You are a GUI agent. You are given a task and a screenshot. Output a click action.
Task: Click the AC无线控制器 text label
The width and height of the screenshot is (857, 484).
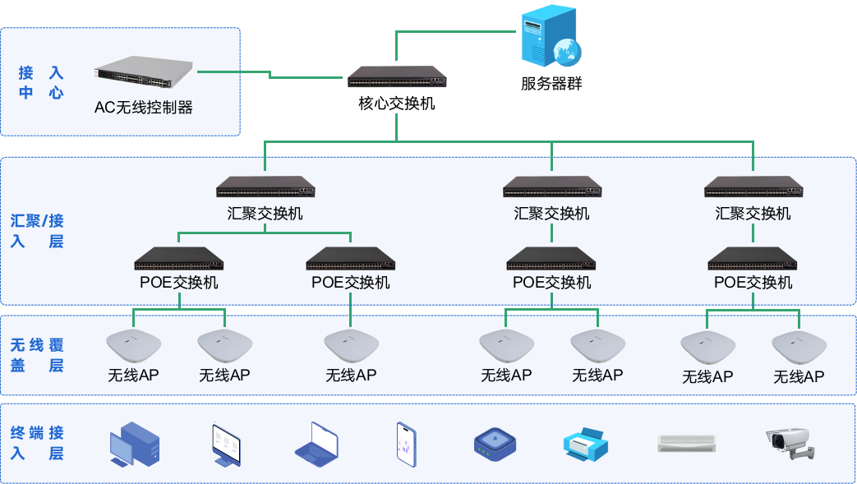(x=144, y=108)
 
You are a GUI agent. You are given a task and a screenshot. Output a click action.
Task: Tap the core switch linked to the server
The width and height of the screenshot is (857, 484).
(x=396, y=77)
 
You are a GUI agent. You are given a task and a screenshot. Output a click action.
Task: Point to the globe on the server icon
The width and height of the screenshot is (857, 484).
(x=567, y=52)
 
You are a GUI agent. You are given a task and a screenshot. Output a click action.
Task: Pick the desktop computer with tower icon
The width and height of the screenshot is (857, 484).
(x=134, y=445)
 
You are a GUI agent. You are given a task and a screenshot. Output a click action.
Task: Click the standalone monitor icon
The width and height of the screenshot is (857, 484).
(x=225, y=445)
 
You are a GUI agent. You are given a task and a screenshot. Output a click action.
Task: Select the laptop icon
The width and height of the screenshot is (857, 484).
(x=317, y=445)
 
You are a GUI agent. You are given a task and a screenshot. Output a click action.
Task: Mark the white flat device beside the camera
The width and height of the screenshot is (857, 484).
(x=687, y=443)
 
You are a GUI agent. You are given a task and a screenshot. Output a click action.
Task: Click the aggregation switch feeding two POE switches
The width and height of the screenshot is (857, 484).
(x=265, y=187)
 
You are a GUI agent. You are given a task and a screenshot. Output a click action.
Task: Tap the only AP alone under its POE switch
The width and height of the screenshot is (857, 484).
(x=351, y=345)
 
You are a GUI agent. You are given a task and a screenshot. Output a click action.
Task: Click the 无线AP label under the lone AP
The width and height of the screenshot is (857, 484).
(x=351, y=376)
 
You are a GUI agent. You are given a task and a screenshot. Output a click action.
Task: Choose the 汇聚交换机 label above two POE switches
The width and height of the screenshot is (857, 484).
(x=265, y=214)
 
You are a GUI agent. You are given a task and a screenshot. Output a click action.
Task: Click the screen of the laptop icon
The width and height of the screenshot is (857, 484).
(x=322, y=439)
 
